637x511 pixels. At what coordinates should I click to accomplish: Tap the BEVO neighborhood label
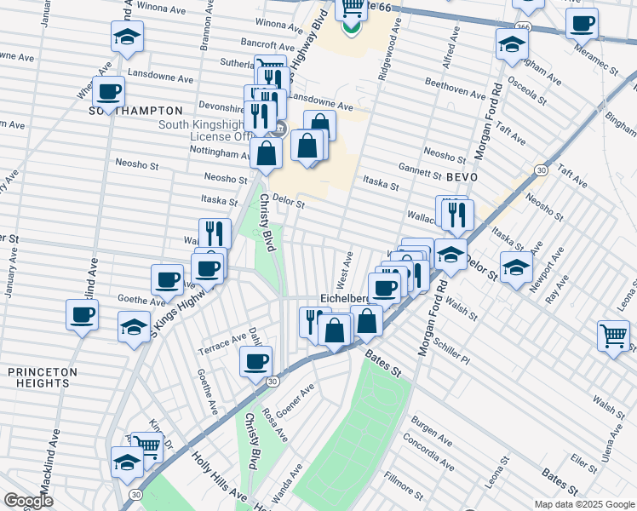(x=460, y=176)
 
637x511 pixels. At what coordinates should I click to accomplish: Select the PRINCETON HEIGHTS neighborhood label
(x=43, y=378)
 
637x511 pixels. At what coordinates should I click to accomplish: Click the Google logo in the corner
(x=28, y=501)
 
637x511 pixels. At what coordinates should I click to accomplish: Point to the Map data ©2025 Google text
(x=584, y=504)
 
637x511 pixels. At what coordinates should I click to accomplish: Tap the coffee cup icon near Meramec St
(x=582, y=24)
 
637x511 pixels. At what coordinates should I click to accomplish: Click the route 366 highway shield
(x=519, y=27)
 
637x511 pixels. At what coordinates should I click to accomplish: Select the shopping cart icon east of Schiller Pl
(x=613, y=336)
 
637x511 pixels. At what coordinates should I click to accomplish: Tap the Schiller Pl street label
(x=451, y=350)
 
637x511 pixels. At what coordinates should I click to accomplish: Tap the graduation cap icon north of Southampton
(x=126, y=36)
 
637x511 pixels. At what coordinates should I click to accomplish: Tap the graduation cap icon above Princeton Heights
(x=134, y=327)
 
